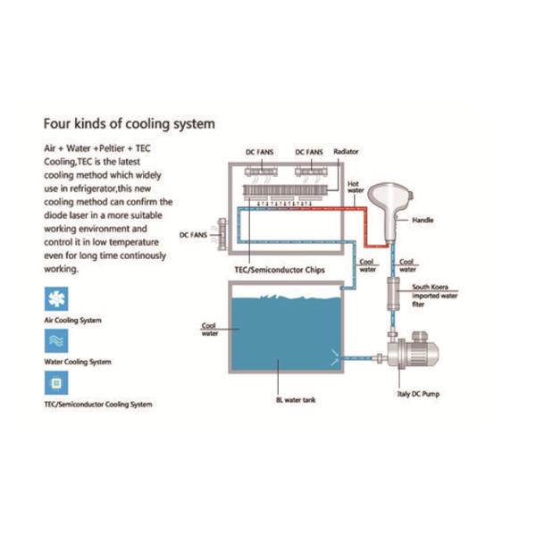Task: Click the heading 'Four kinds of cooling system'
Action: [130, 122]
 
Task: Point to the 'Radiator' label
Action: [346, 153]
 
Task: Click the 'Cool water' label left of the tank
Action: [207, 329]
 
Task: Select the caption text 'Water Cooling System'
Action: [79, 362]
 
